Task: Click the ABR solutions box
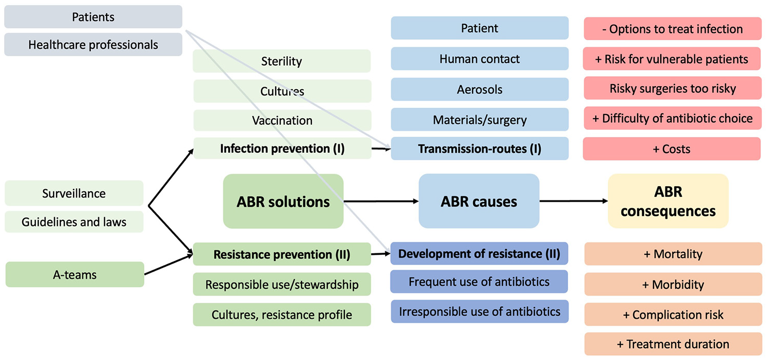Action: click(x=283, y=201)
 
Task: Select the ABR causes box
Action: click(x=479, y=201)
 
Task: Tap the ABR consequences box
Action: click(x=668, y=201)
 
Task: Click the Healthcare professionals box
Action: click(x=93, y=45)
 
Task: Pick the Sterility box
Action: click(x=282, y=61)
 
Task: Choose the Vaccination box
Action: click(x=282, y=121)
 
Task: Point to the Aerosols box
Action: click(x=480, y=89)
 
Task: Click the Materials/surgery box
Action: click(x=480, y=120)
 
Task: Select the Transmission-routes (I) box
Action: click(x=480, y=149)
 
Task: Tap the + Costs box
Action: click(x=672, y=149)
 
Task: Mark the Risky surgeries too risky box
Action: click(x=673, y=88)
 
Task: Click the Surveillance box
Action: click(x=74, y=193)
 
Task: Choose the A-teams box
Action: click(x=75, y=274)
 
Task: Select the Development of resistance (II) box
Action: click(x=479, y=254)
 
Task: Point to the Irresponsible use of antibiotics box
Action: click(x=480, y=312)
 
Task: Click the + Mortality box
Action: click(x=673, y=254)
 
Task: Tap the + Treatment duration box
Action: click(x=673, y=344)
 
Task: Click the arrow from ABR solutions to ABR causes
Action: click(x=381, y=201)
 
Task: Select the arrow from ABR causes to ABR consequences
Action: click(x=574, y=201)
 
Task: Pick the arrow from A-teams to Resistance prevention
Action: click(x=169, y=265)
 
